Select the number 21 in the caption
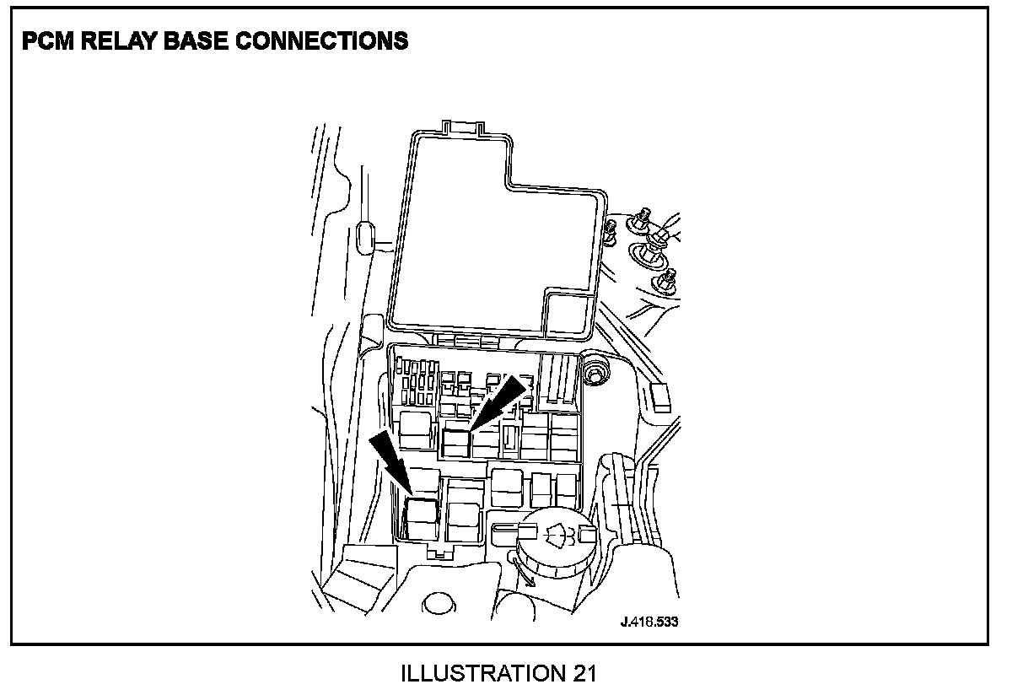[x=584, y=674]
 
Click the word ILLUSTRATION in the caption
[x=479, y=674]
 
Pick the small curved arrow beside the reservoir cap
[x=524, y=573]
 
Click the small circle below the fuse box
[x=436, y=603]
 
